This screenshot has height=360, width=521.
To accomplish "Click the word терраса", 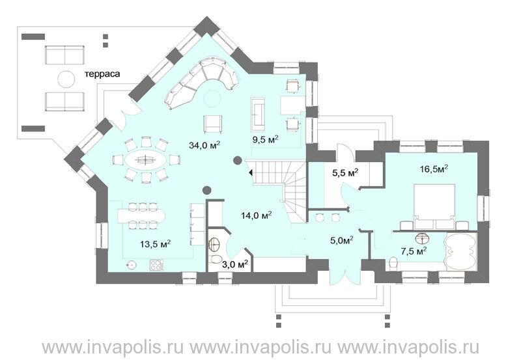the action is click(102, 74).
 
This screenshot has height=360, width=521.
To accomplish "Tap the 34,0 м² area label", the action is click(205, 145).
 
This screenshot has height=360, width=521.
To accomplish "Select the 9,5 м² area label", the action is click(265, 139).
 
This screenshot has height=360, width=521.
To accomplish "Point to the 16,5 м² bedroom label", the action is click(434, 169).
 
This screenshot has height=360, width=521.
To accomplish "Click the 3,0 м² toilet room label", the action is click(235, 264).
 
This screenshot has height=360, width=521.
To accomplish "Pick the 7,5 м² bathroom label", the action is click(414, 251).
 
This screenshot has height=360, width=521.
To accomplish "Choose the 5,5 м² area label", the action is click(345, 173).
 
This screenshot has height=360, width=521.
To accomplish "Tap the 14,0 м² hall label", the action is click(257, 215).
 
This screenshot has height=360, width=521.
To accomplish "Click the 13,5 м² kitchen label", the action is click(156, 244).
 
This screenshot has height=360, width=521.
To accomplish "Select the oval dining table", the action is click(145, 160).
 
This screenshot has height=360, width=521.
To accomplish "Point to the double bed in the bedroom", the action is click(434, 206).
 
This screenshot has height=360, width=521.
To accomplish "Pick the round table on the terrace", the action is click(66, 79).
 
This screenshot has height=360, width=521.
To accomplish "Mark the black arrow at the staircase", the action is click(251, 173).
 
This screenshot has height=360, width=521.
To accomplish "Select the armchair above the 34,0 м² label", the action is click(213, 124).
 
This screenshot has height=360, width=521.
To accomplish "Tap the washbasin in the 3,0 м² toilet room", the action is click(214, 245).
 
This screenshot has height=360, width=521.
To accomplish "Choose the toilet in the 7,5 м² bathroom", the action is click(393, 263).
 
